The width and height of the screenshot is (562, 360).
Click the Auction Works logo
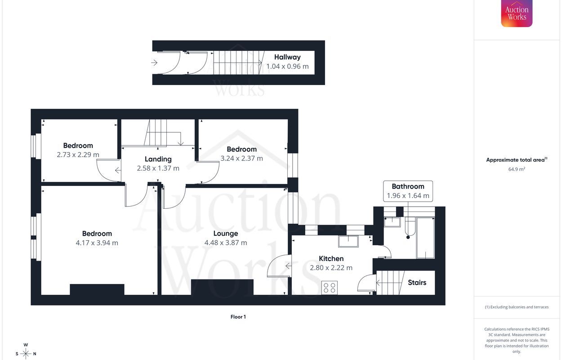click(517, 13)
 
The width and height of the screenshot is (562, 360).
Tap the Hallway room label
click(287, 57)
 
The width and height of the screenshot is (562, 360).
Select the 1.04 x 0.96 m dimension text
click(287, 67)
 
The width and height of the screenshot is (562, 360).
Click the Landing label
click(158, 159)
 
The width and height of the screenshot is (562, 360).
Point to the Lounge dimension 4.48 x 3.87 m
click(226, 243)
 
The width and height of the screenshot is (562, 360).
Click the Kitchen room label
click(331, 259)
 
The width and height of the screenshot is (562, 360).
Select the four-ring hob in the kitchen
click(330, 288)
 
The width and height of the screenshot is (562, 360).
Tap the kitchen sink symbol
click(348, 242)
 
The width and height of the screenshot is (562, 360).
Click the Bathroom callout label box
click(408, 191)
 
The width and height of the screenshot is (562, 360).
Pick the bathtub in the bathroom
click(425, 238)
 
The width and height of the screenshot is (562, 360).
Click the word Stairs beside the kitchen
click(417, 283)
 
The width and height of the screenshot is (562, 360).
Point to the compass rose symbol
click(26, 353)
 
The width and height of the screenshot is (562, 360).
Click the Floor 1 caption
click(238, 317)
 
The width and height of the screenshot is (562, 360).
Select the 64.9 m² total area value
click(517, 170)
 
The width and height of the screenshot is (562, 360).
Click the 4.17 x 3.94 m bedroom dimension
click(97, 243)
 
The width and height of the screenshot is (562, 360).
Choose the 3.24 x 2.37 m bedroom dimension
click(241, 158)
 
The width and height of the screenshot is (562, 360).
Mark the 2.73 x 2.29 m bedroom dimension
click(78, 155)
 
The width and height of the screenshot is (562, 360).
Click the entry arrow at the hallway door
click(155, 63)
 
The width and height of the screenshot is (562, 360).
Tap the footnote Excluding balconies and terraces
click(517, 307)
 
